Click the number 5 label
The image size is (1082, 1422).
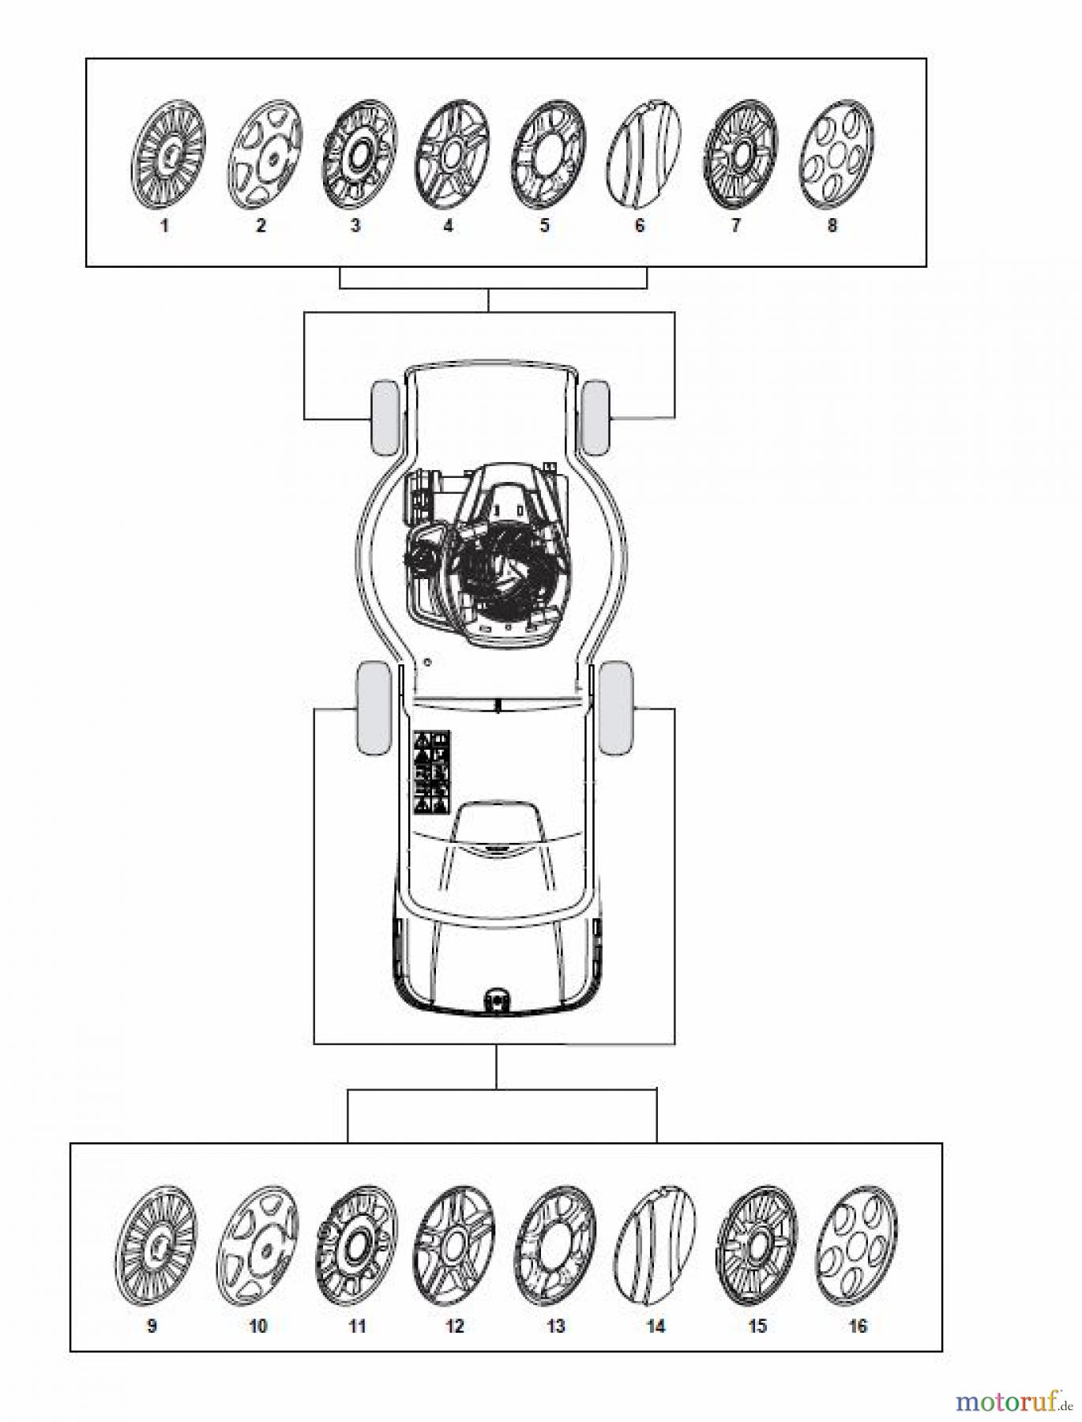544,226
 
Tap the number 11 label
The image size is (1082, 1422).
358,1326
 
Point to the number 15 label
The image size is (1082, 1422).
757,1326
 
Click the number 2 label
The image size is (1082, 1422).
261,226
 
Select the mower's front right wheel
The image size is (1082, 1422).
595,417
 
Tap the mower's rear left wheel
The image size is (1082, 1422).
374,708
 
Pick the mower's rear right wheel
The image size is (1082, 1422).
615,708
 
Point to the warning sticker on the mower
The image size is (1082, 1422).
432,773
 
